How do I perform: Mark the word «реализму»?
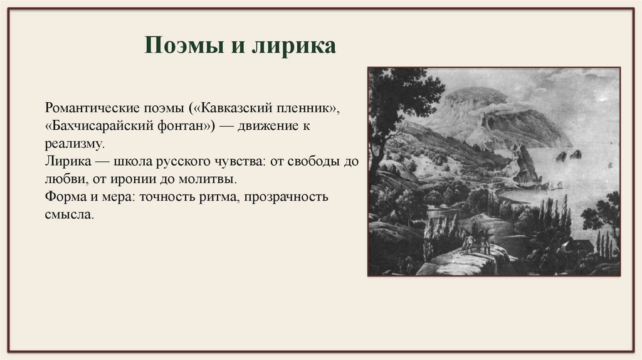[73, 144]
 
